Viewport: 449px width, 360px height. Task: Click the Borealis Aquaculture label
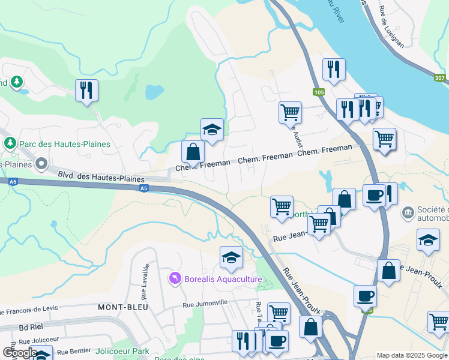[223, 280]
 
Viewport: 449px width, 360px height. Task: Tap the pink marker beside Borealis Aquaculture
[175, 278]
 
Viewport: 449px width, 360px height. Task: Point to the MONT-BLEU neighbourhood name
[123, 307]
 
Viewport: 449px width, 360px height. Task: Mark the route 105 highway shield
[318, 92]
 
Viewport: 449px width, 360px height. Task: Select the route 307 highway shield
[440, 77]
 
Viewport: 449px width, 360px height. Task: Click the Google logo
[20, 352]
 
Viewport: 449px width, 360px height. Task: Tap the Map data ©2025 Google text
[411, 355]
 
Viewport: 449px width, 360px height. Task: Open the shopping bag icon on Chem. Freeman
[193, 151]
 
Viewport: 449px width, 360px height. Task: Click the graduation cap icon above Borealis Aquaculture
[231, 257]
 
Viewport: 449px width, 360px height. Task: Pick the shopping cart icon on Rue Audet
[290, 112]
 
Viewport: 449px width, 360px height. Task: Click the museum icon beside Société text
[409, 212]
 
